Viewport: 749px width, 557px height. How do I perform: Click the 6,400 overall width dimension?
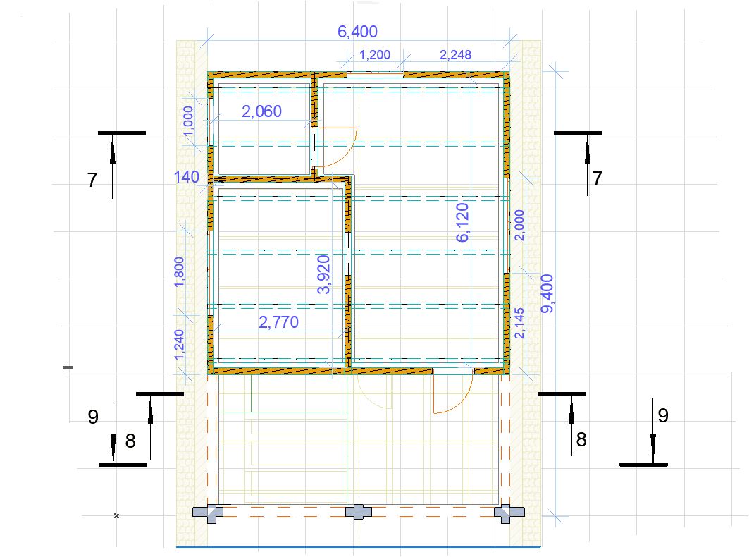(357, 32)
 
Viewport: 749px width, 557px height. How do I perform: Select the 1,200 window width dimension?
(375, 55)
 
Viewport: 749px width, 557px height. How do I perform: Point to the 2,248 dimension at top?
(455, 55)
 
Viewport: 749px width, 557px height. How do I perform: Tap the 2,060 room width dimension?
(262, 111)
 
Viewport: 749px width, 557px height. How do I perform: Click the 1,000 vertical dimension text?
(188, 121)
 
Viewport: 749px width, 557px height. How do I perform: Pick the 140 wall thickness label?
(186, 177)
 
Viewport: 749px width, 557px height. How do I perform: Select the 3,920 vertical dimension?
(323, 274)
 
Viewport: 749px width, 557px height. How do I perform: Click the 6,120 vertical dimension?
(462, 222)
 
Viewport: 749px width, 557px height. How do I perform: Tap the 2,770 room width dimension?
(278, 322)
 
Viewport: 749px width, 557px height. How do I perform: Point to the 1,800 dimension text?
(179, 272)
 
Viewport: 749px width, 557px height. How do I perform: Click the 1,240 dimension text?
(179, 344)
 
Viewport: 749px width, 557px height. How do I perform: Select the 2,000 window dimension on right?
(519, 225)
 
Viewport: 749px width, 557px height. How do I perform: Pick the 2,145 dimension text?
(519, 323)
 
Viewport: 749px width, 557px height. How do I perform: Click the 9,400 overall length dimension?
(547, 293)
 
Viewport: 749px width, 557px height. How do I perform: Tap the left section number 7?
(93, 180)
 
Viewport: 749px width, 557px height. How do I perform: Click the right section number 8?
(581, 439)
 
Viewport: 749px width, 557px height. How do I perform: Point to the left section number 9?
(93, 417)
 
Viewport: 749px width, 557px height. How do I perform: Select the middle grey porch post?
(358, 512)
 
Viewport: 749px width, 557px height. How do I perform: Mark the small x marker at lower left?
(116, 516)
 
